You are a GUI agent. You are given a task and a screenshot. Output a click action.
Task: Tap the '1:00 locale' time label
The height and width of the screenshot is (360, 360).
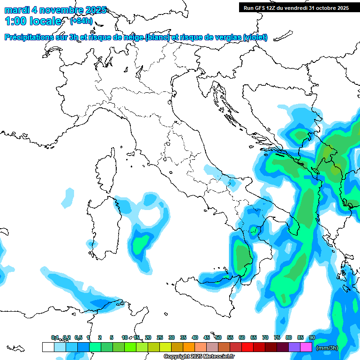coord(33,21)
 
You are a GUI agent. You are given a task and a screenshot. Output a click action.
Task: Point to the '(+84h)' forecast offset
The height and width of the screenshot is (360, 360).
coord(81,21)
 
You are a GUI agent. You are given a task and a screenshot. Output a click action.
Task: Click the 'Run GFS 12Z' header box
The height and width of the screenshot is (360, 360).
coord(296,7)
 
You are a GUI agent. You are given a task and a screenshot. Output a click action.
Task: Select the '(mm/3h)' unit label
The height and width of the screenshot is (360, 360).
coord(327,348)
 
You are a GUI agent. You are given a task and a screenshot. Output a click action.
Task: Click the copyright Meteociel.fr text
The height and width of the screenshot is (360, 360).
coord(199,357)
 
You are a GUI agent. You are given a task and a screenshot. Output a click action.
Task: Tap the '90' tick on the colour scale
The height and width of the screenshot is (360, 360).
coord(312,337)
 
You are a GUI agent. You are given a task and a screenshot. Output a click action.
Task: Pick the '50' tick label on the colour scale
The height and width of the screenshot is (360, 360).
coord(218,337)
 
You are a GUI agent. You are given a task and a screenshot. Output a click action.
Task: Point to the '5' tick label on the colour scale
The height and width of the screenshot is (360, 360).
coord(112,337)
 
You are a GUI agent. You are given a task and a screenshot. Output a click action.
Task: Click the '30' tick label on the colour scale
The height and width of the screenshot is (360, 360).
coord(172,337)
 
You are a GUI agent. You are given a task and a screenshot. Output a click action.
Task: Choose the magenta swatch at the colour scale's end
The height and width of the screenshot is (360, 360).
coord(306,347)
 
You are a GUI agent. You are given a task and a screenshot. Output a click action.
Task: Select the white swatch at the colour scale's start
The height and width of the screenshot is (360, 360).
coord(48,347)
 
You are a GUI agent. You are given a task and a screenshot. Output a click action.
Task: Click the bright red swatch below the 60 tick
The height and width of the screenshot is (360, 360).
coord(247,347)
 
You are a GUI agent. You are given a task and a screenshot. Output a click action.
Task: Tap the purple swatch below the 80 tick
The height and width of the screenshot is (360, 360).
coord(294,347)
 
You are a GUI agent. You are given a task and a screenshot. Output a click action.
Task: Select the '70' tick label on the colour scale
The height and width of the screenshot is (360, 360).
coord(265,337)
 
